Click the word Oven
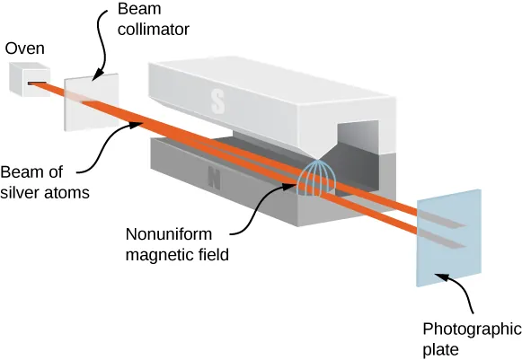click(x=25, y=48)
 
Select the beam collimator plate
click(x=86, y=101)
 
